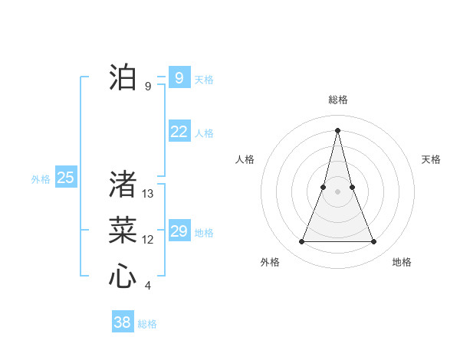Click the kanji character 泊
pyautogui.click(x=123, y=77)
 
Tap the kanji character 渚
pyautogui.click(x=123, y=185)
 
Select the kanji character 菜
pyautogui.click(x=123, y=230)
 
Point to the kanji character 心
pyautogui.click(x=123, y=276)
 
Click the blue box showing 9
pyautogui.click(x=179, y=77)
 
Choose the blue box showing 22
pyautogui.click(x=179, y=132)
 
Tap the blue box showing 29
pyautogui.click(x=179, y=231)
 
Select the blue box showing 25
pyautogui.click(x=65, y=178)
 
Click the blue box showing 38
pyautogui.click(x=122, y=322)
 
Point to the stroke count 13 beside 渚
pyautogui.click(x=148, y=194)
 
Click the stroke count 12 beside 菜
pyautogui.click(x=148, y=240)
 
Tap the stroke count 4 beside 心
pyautogui.click(x=148, y=286)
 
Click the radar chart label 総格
pyautogui.click(x=337, y=100)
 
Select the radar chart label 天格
pyautogui.click(x=431, y=159)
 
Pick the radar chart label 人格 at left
pyautogui.click(x=245, y=159)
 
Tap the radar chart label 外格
pyautogui.click(x=270, y=262)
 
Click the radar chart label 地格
pyautogui.click(x=402, y=262)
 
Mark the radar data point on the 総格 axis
pyautogui.click(x=337, y=129)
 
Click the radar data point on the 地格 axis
pyautogui.click(x=373, y=242)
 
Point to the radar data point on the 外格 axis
pyautogui.click(x=301, y=242)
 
